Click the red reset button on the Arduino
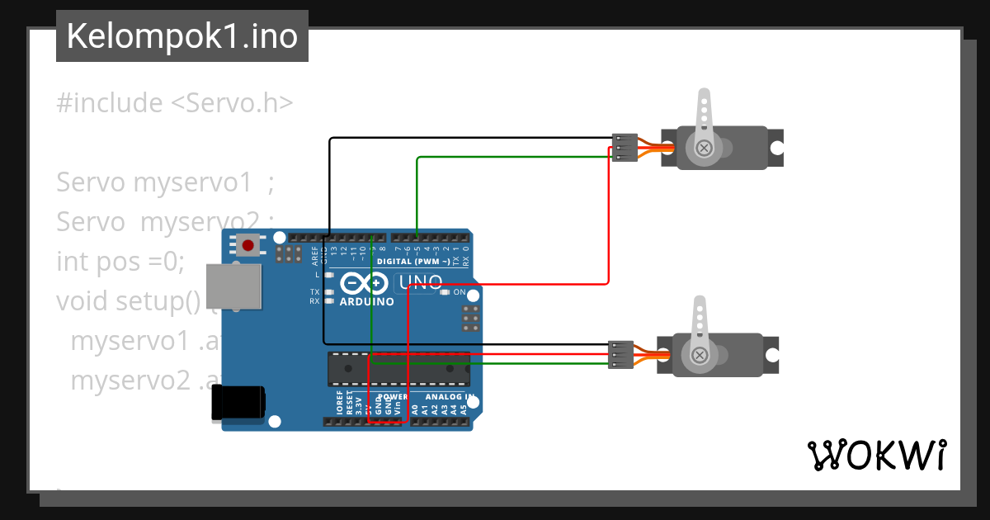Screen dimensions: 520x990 point(247,244)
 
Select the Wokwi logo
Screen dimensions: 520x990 point(876,455)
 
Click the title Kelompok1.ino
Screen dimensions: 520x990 point(181,36)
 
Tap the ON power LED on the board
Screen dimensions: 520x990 point(445,292)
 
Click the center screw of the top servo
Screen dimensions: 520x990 point(704,148)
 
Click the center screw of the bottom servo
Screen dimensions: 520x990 point(700,355)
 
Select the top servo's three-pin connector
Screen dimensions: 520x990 point(624,147)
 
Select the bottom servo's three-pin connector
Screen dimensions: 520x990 point(620,355)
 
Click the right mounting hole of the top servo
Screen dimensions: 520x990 point(776,147)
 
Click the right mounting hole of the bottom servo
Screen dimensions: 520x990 point(771,355)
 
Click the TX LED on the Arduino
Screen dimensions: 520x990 point(329,292)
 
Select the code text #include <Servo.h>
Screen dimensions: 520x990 point(174,103)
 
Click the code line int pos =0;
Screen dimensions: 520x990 point(120,262)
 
